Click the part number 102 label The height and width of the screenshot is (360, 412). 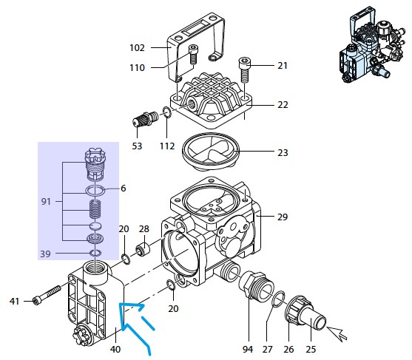pos(137,48)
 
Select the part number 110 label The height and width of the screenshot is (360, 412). pos(137,68)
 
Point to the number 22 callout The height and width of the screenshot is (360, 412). pos(283,105)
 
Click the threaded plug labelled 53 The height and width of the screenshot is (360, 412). pos(145,120)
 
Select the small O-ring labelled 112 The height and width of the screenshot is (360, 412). pos(167,113)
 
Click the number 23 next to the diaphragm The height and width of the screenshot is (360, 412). pos(283,152)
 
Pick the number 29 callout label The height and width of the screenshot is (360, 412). pos(283,217)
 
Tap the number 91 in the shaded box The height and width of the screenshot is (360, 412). pos(46,201)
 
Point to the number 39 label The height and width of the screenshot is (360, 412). pos(45,254)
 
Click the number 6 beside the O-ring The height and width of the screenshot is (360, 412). pos(124,189)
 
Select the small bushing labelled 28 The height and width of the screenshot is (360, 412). pos(143,249)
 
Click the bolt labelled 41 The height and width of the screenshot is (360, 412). pos(47,295)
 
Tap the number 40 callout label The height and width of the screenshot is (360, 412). pos(115,349)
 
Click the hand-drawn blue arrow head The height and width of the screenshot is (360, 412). pos(132,308)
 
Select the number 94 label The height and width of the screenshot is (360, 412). pos(248,349)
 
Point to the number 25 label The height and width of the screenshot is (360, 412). pos(311,349)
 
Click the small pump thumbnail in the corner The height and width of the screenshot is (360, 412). pos(372,44)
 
